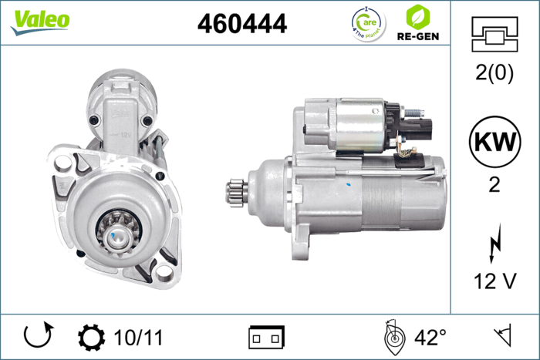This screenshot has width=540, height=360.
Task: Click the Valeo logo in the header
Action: point(40,22)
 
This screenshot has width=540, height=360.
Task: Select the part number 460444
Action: point(242,23)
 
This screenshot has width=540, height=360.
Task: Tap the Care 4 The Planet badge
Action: point(369,24)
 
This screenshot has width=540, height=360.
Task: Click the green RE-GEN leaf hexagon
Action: point(418,16)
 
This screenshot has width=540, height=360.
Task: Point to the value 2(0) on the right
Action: point(494,72)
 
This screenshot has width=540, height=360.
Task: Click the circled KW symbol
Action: point(495,141)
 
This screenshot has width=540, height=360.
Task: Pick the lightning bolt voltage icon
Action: point(495,243)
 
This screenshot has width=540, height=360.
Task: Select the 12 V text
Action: point(495,281)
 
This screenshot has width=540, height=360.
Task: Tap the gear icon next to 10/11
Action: point(91,338)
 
